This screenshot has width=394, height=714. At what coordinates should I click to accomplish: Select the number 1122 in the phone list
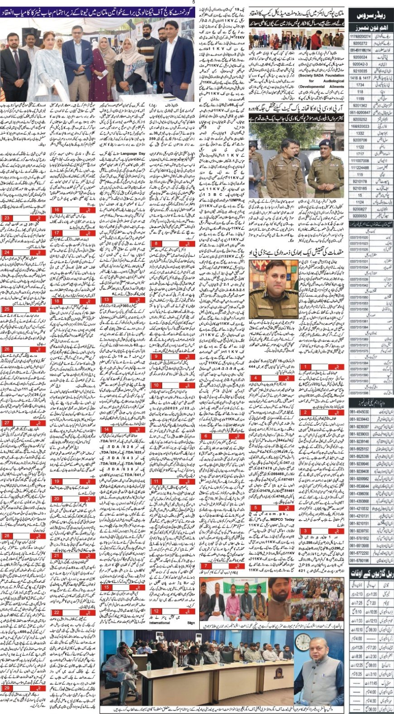pyautogui.click(x=360, y=147)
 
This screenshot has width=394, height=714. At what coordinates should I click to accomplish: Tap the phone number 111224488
pyautogui.click(x=360, y=167)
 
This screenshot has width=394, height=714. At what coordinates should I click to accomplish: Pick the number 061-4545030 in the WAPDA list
pyautogui.click(x=359, y=412)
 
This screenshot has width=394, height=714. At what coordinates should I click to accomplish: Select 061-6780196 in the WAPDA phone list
pyautogui.click(x=359, y=560)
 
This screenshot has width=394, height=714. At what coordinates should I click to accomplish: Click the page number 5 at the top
pyautogui.click(x=194, y=2)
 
